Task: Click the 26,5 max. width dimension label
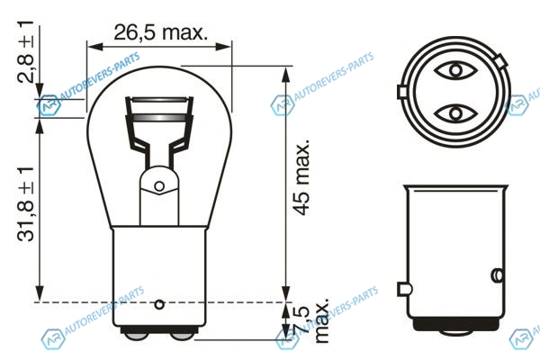[161, 32]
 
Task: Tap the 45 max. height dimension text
[302, 178]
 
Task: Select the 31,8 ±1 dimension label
[25, 204]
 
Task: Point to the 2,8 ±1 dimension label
[25, 51]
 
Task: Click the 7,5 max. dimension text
[312, 321]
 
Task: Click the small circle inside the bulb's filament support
[159, 186]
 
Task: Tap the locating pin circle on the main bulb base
[159, 304]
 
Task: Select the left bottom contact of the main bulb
[136, 337]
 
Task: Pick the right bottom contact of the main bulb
[183, 337]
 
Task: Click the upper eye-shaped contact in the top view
[455, 70]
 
